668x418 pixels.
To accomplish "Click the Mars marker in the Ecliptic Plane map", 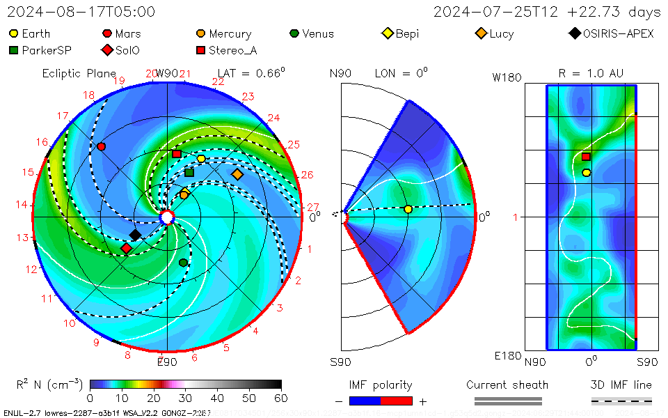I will click(102, 146).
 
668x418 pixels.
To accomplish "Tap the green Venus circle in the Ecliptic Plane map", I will click(183, 263).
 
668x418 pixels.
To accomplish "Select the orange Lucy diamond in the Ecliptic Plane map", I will click(237, 173).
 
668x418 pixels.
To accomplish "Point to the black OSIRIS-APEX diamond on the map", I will click(135, 235).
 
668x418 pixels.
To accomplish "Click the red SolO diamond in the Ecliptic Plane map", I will click(126, 248).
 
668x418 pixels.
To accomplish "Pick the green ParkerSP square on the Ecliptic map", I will click(189, 172).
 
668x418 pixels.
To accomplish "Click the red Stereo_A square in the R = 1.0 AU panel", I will click(586, 157).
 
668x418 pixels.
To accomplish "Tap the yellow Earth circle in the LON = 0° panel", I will click(408, 209).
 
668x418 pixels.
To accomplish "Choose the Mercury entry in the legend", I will click(230, 33).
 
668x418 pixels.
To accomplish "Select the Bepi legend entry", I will click(407, 33).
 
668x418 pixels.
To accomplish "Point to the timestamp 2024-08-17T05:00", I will click(81, 12).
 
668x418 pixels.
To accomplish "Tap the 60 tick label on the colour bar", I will click(281, 398).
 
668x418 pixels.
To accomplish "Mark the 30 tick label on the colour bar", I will click(185, 398).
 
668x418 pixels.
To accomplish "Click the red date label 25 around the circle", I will click(293, 145).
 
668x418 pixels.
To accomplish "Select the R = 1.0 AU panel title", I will click(591, 73).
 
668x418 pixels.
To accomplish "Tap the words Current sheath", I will click(507, 385).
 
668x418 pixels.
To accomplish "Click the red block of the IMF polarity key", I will click(397, 401).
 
